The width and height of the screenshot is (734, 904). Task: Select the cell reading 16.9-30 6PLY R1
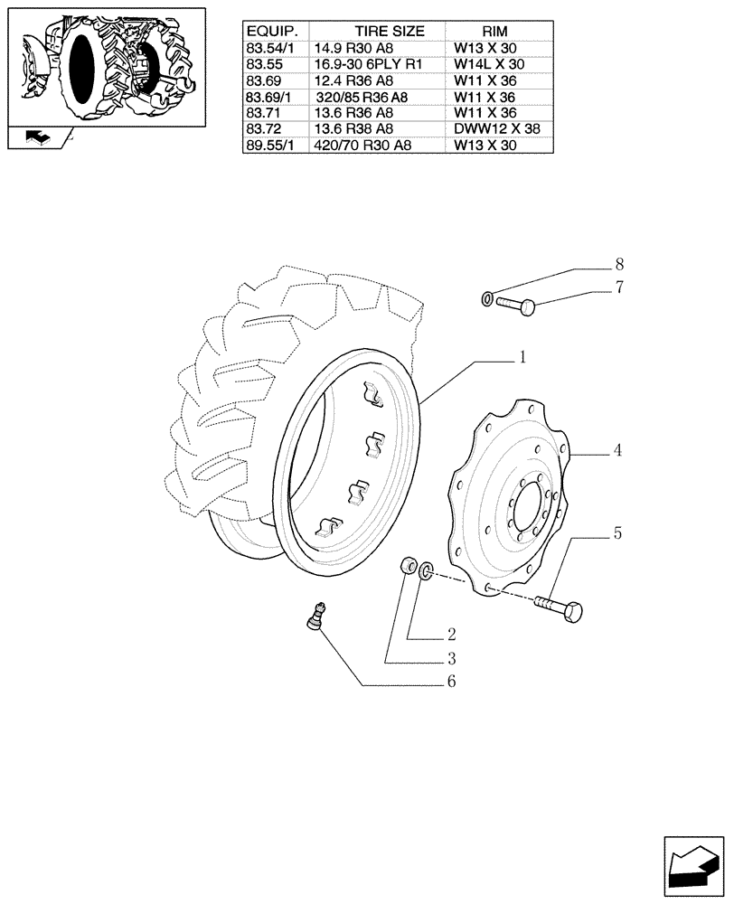pos(362,64)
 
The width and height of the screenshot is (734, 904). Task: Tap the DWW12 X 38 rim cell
pos(496,128)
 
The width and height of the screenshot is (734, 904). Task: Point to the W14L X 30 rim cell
pos(489,64)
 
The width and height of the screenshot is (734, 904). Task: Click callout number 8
pos(619,265)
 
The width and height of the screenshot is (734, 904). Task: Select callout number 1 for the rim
pos(522,358)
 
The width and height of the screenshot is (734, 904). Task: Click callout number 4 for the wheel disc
pos(617,449)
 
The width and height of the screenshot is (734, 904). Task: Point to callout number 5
pos(617,533)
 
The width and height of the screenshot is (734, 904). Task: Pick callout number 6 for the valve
pos(449,682)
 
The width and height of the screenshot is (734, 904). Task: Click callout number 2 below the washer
pos(449,635)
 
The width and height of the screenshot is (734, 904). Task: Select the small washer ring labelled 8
pos(487,297)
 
